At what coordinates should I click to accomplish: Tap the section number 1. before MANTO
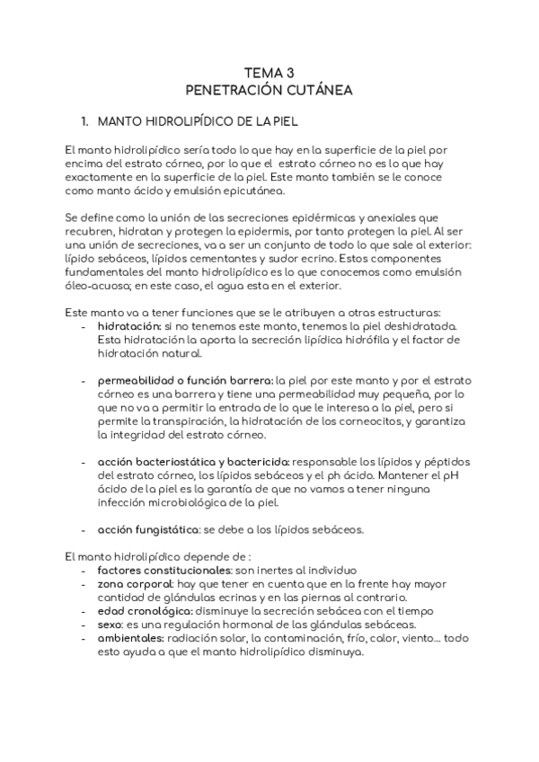click(86, 120)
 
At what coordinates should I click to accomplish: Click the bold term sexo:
click(111, 625)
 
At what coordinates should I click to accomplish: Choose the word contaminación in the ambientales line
click(300, 639)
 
